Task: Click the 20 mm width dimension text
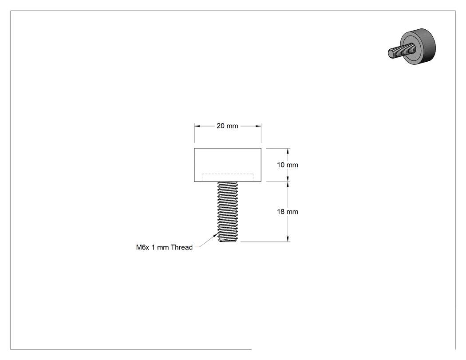(227, 126)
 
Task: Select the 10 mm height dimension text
(288, 165)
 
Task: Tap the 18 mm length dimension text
(288, 212)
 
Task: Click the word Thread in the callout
(182, 247)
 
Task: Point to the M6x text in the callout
(142, 247)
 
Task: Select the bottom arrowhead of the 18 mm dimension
(288, 238)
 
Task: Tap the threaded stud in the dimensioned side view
(228, 212)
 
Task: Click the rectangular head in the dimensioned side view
(228, 165)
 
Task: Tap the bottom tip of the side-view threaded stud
(228, 241)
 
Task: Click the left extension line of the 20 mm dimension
(194, 133)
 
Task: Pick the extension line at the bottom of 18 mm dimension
(265, 241)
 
